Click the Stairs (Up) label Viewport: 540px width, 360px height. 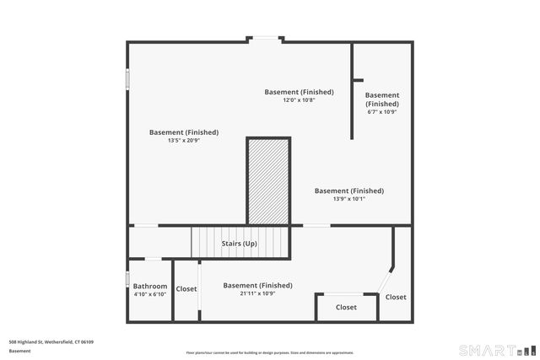click(x=239, y=244)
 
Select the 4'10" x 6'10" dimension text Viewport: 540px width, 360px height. click(x=150, y=294)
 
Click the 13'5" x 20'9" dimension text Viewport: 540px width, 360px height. click(x=183, y=140)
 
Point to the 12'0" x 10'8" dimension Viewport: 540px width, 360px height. click(x=299, y=99)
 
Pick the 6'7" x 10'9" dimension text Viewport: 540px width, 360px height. click(x=382, y=111)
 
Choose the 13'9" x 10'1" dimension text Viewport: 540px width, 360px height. click(x=348, y=199)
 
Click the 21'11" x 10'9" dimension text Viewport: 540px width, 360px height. click(x=257, y=293)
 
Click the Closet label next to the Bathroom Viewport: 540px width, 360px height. click(x=186, y=289)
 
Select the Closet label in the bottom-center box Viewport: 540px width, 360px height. click(x=346, y=308)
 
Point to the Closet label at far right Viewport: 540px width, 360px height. click(x=396, y=297)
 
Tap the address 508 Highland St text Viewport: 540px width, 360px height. click(x=51, y=341)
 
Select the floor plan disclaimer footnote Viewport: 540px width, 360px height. click(x=270, y=352)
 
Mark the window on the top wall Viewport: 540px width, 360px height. click(x=265, y=38)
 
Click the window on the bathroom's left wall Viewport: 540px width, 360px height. click(x=127, y=278)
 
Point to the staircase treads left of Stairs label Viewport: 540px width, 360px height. click(x=205, y=244)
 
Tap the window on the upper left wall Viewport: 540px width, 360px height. click(x=127, y=78)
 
